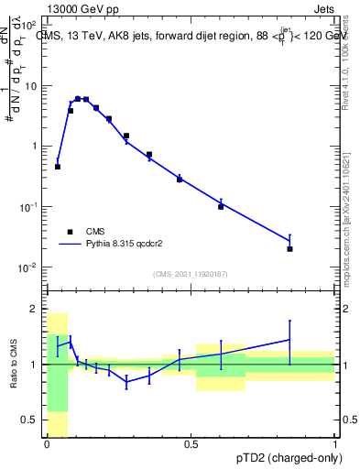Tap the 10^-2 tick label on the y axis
click(31, 267)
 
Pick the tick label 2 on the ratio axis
click(34, 309)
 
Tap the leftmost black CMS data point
click(58, 167)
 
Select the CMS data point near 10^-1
click(221, 207)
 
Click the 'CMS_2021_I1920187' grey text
click(191, 273)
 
